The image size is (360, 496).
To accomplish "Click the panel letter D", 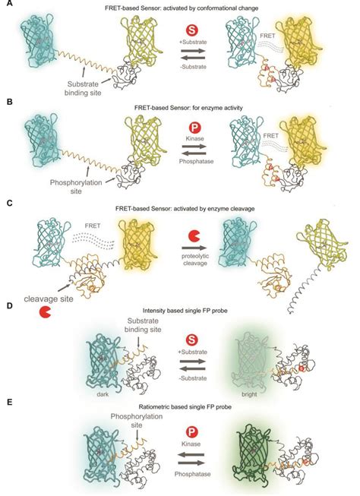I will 5,304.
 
